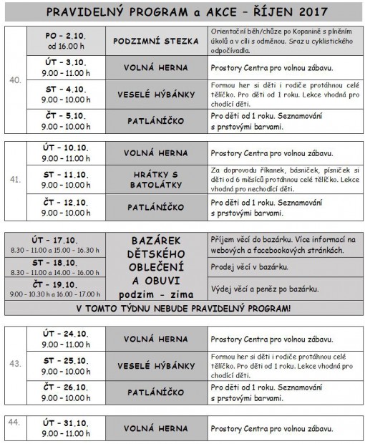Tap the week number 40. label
[x=14, y=80]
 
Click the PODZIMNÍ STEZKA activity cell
[x=156, y=41]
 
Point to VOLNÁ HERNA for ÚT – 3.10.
[x=156, y=67]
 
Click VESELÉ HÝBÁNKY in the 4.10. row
[x=156, y=94]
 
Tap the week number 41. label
[x=14, y=180]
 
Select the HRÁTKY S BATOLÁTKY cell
[x=156, y=179]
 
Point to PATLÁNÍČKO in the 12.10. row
[x=156, y=207]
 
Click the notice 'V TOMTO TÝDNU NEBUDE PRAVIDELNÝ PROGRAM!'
[x=182, y=309]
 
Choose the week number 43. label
[x=14, y=365]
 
